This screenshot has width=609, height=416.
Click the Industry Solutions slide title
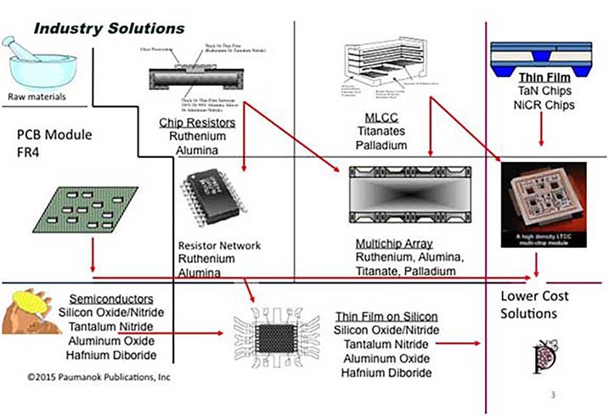[x=109, y=28]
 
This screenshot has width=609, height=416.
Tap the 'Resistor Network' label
[x=220, y=246]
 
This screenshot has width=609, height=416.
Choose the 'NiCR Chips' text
[x=542, y=105]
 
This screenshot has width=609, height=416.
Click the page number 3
[x=553, y=394]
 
